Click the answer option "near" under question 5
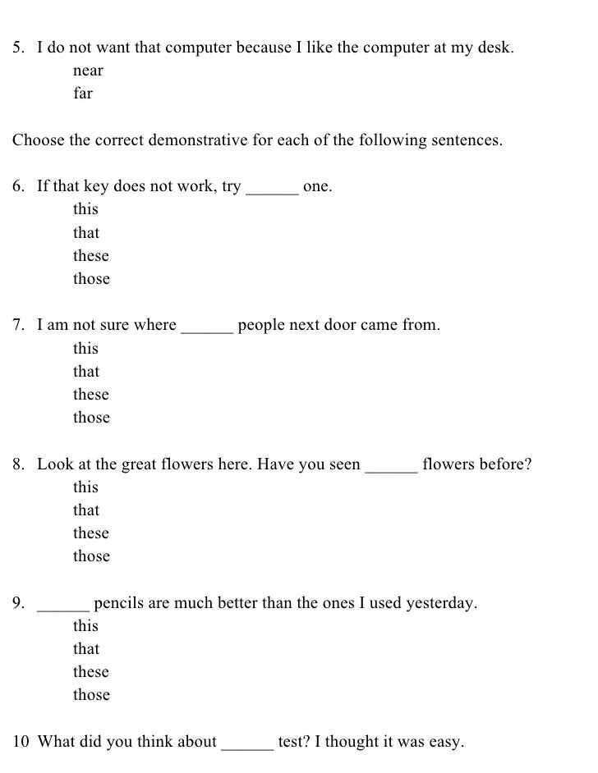tap(88, 71)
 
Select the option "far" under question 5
tap(83, 94)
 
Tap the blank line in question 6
tap(272, 192)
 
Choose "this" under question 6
tap(85, 209)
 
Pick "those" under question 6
tap(91, 279)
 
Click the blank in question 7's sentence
tap(207, 331)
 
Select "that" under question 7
tap(86, 372)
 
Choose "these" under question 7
tap(91, 395)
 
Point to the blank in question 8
tap(391, 469)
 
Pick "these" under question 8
tap(91, 533)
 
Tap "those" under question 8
tap(91, 556)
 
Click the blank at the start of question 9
tap(63, 609)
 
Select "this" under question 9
tap(85, 626)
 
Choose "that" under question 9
tap(86, 649)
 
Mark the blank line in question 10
tap(247, 748)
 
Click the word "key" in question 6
tap(96, 187)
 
